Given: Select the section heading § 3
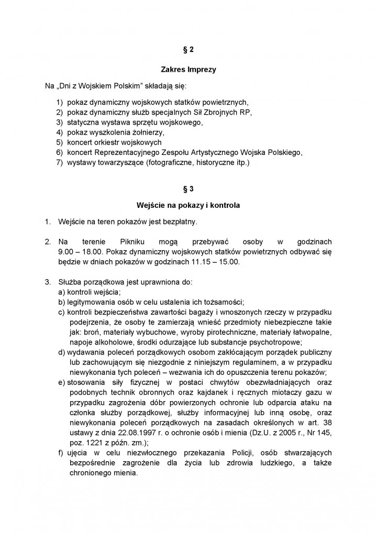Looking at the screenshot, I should [188, 186].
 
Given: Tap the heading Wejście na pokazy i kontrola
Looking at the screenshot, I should [188, 205].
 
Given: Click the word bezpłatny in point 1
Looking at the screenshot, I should [179, 222].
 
